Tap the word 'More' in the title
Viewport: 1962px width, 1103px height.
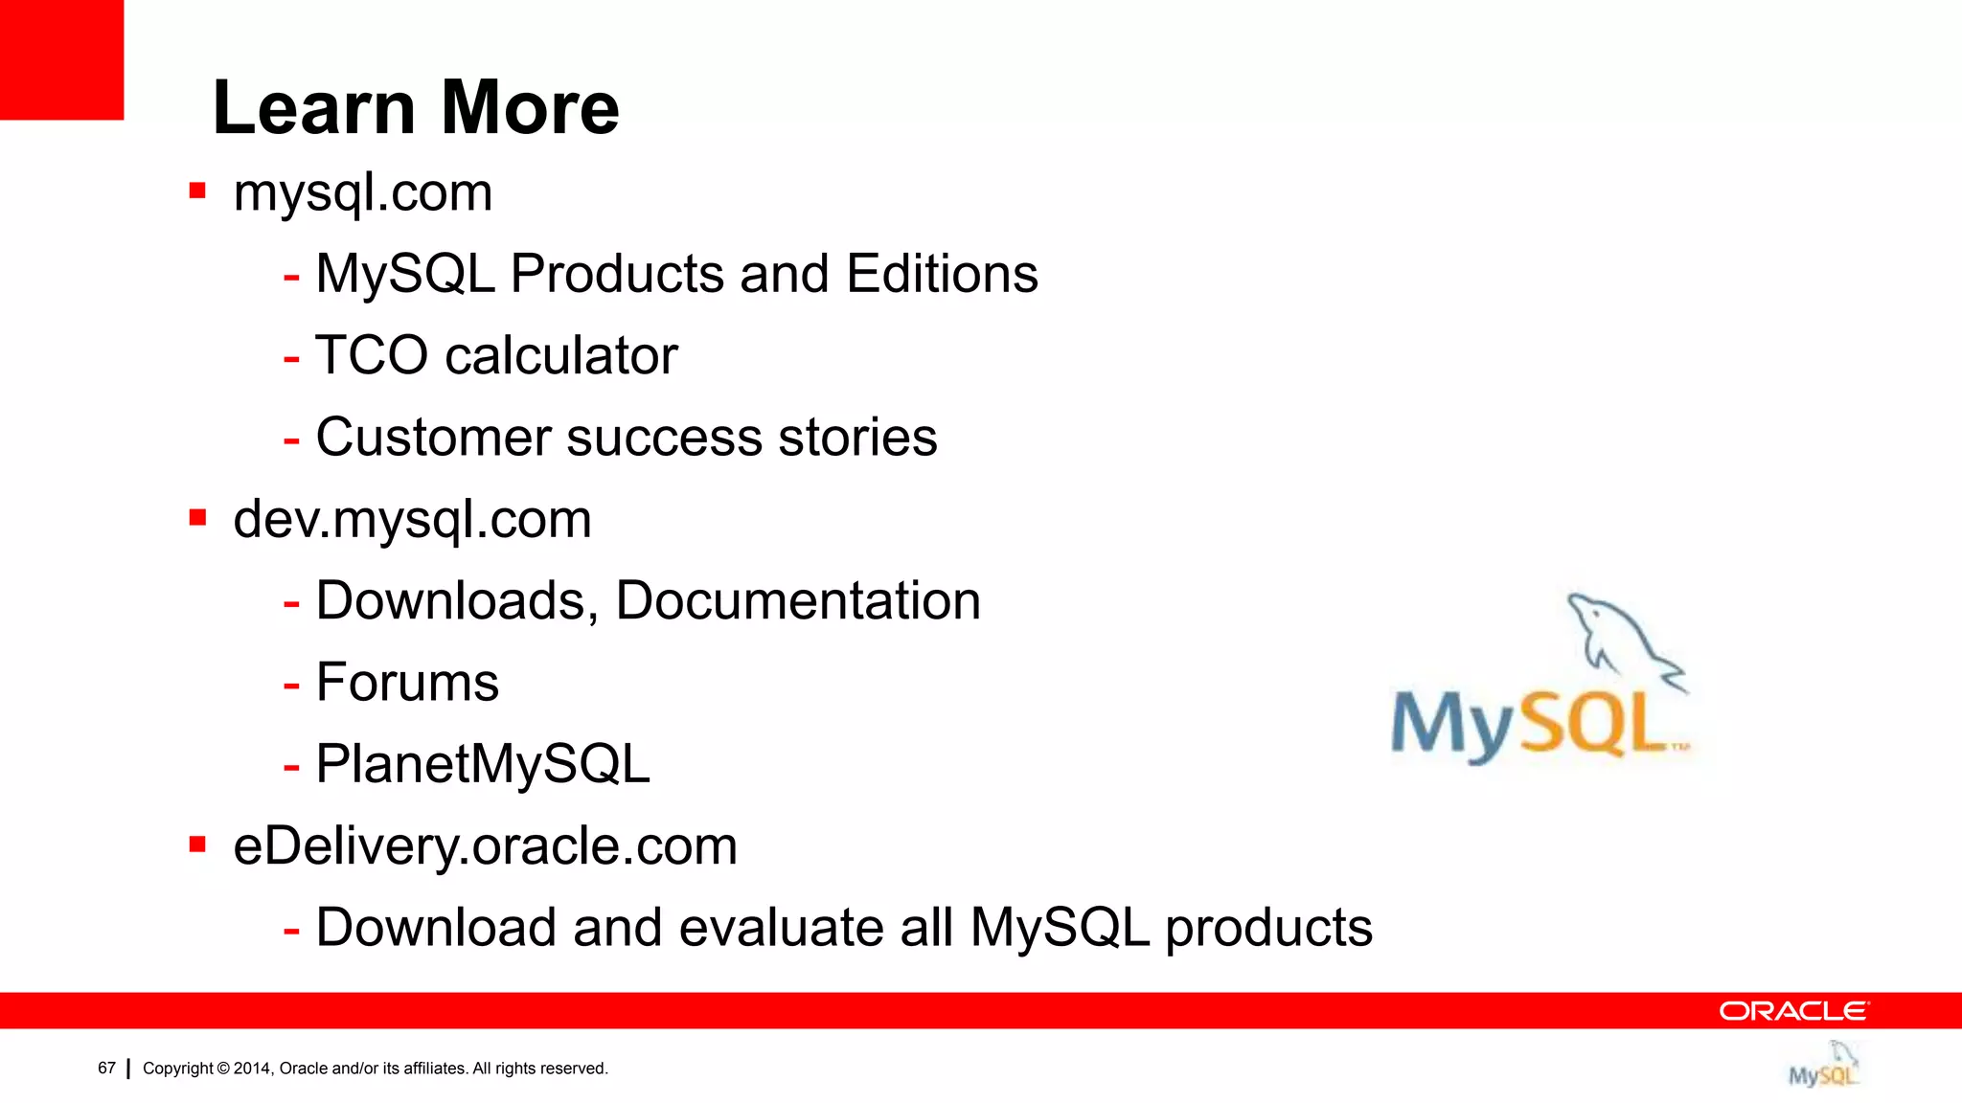click(530, 107)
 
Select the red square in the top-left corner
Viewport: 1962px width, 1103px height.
click(61, 59)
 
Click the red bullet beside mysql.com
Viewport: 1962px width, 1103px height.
click(198, 191)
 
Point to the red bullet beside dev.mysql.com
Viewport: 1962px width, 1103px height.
click(198, 518)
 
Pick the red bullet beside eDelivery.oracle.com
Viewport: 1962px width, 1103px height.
click(198, 844)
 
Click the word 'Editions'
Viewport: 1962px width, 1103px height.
click(942, 274)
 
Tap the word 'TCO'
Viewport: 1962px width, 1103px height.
click(372, 355)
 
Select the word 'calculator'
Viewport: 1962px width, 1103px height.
click(561, 355)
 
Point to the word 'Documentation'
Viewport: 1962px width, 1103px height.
click(798, 601)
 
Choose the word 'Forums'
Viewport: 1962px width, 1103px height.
click(407, 683)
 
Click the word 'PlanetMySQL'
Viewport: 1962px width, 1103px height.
click(483, 764)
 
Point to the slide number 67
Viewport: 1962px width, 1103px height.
click(106, 1068)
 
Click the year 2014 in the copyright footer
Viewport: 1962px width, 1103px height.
click(252, 1069)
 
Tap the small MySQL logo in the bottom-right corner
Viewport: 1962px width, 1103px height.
click(1823, 1066)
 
